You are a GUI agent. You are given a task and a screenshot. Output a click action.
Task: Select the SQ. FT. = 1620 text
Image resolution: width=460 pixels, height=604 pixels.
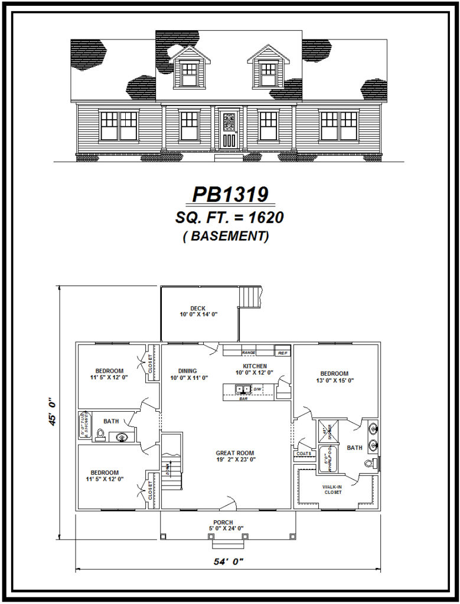[x=230, y=218]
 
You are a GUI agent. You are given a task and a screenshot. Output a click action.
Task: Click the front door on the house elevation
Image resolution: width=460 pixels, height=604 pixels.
[x=229, y=130]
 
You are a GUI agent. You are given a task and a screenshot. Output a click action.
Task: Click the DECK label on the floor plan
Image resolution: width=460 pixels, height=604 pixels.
[x=198, y=308]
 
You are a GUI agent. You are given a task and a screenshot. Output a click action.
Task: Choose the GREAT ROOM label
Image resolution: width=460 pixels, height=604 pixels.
[x=235, y=454]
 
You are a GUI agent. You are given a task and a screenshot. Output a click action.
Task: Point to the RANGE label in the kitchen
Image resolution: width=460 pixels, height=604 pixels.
[x=248, y=353]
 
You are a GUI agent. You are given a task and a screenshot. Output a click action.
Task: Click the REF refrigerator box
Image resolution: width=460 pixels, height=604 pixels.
[x=283, y=353]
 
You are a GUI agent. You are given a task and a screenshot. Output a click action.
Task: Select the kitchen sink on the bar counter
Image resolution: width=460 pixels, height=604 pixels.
[x=242, y=389]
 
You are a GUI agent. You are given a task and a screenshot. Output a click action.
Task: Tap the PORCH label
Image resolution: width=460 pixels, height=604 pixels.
[x=223, y=523]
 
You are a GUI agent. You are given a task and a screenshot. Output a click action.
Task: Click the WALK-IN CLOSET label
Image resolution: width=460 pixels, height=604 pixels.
[x=332, y=489]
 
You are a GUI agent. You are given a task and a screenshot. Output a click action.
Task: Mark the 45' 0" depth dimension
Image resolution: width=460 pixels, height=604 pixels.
[x=53, y=412]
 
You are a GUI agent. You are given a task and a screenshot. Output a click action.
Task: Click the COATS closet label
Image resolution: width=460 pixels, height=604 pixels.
[x=304, y=454]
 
